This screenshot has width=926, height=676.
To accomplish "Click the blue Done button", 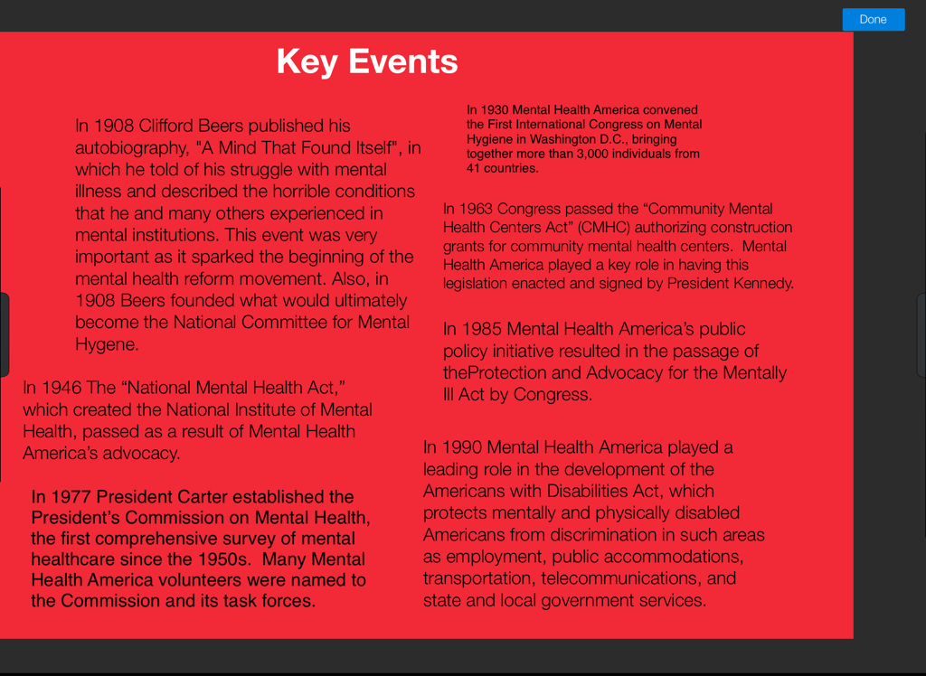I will pyautogui.click(x=873, y=19).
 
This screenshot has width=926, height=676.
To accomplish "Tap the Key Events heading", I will pyautogui.click(x=366, y=61).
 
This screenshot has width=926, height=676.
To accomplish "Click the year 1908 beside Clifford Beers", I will pyautogui.click(x=114, y=126).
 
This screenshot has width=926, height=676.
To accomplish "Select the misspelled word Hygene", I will pyautogui.click(x=107, y=344).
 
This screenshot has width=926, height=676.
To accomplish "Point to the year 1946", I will pyautogui.click(x=61, y=388).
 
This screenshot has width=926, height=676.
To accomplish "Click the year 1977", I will pyautogui.click(x=71, y=496).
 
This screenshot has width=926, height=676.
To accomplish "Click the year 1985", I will pyautogui.click(x=482, y=330).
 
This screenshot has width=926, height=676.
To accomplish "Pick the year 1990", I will pyautogui.click(x=462, y=447).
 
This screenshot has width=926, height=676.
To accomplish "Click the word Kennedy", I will pyautogui.click(x=762, y=284).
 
